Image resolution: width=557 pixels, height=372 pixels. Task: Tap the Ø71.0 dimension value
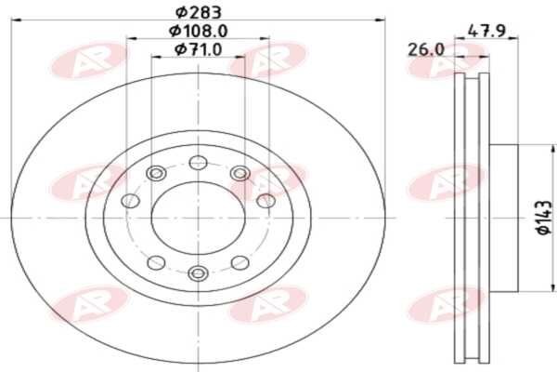(x=197, y=49)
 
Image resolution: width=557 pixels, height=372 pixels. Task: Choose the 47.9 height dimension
(x=485, y=30)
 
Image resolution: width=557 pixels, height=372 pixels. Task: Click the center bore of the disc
(x=197, y=218)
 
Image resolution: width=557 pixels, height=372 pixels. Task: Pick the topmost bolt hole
(x=197, y=164)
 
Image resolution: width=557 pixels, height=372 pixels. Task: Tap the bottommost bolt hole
(x=197, y=272)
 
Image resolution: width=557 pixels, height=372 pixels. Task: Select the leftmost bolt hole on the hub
(x=130, y=201)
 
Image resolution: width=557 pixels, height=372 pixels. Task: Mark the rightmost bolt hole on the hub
(x=266, y=201)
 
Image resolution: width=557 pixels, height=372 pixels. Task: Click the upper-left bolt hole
(x=156, y=173)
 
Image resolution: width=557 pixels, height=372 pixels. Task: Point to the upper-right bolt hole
(x=240, y=173)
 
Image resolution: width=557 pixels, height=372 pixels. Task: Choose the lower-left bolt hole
(x=156, y=262)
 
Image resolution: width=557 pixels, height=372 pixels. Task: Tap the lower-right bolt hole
(x=239, y=262)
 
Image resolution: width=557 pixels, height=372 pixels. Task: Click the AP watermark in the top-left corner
(x=89, y=60)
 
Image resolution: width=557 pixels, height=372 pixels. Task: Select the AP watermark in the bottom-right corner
(x=446, y=304)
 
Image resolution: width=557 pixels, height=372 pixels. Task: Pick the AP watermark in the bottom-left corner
(x=89, y=304)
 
